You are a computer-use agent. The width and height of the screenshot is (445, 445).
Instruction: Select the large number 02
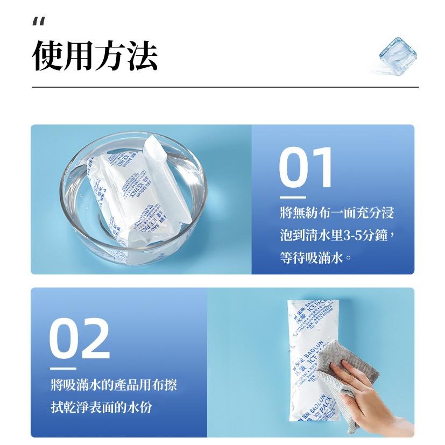coord(80,340)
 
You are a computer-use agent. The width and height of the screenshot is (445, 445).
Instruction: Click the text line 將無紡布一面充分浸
coord(337,213)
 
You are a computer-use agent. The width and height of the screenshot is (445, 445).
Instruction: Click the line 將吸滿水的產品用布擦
coord(113,385)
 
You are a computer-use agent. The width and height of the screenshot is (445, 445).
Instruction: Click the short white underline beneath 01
coord(293,197)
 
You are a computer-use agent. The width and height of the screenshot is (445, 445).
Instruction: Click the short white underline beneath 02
coord(63,368)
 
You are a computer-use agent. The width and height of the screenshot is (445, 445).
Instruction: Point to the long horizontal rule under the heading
coord(224,87)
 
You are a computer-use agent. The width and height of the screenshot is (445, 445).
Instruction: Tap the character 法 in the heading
coord(143,55)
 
